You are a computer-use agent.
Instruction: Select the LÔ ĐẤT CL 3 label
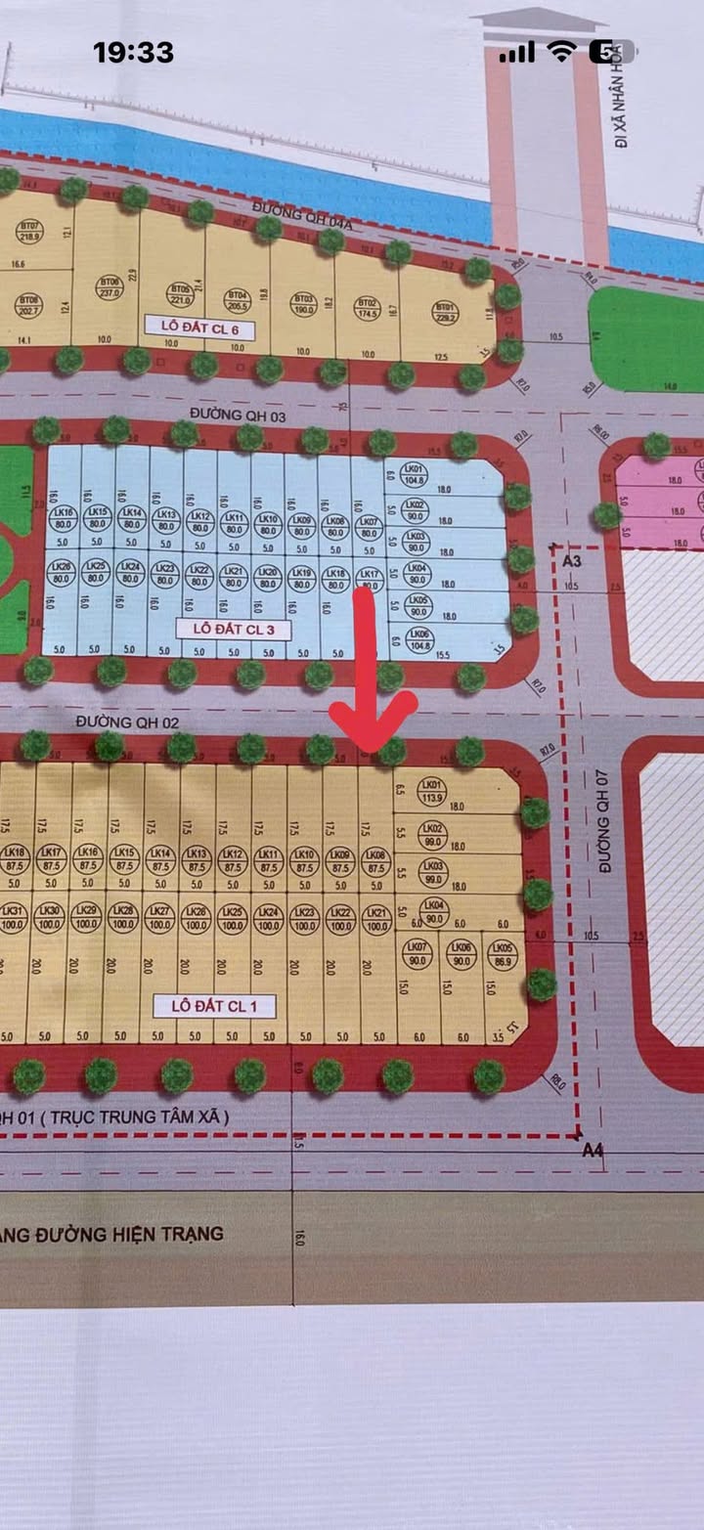(233, 629)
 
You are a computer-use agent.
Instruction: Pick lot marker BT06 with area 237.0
(108, 285)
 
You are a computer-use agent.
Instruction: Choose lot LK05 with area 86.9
(502, 952)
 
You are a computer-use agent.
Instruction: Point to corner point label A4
(593, 1151)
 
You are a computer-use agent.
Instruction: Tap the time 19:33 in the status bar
(133, 53)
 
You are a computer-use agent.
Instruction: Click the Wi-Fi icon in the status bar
(561, 52)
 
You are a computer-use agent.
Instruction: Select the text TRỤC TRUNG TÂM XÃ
(127, 1115)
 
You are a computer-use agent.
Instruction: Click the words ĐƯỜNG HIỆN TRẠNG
(117, 1234)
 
